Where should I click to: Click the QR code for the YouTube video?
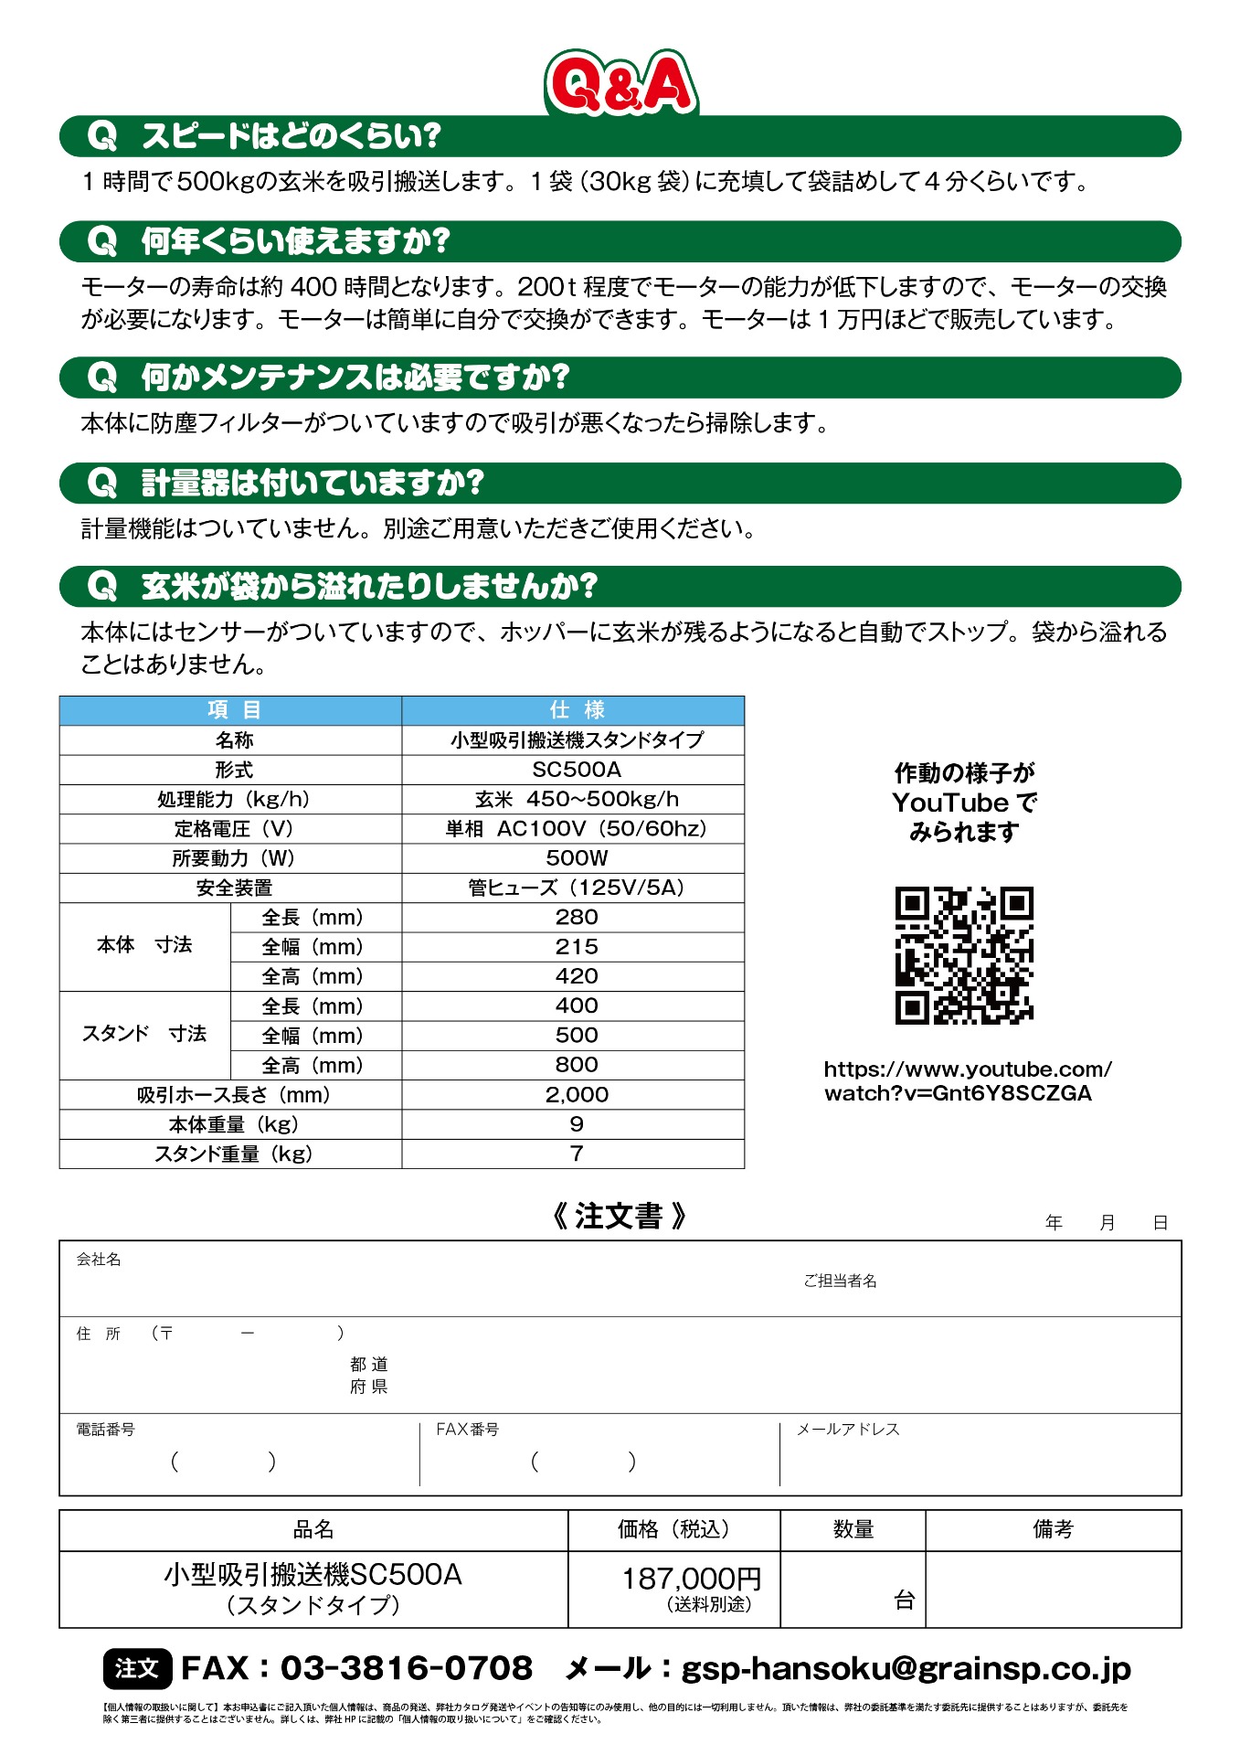964,955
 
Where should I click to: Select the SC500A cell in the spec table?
576,770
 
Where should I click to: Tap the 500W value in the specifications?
576,858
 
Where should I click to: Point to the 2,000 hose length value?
576,1095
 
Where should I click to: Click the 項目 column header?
234,710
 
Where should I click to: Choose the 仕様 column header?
576,710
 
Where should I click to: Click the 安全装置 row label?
234,888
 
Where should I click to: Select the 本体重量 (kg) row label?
234,1124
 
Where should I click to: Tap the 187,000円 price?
692,1579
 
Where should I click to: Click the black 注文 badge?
137,1669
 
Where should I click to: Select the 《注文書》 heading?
619,1217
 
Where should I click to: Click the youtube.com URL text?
967,1081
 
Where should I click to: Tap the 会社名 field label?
99,1260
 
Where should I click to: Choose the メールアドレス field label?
847,1430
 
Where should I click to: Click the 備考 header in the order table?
1053,1529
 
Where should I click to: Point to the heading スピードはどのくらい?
291,136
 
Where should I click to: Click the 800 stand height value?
576,1065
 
